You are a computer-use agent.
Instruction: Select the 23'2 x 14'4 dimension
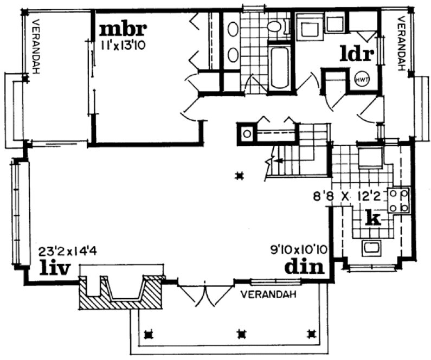pos(64,252)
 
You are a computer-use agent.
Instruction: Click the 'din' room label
pos(304,266)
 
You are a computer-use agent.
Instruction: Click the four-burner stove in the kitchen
pos(398,200)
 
